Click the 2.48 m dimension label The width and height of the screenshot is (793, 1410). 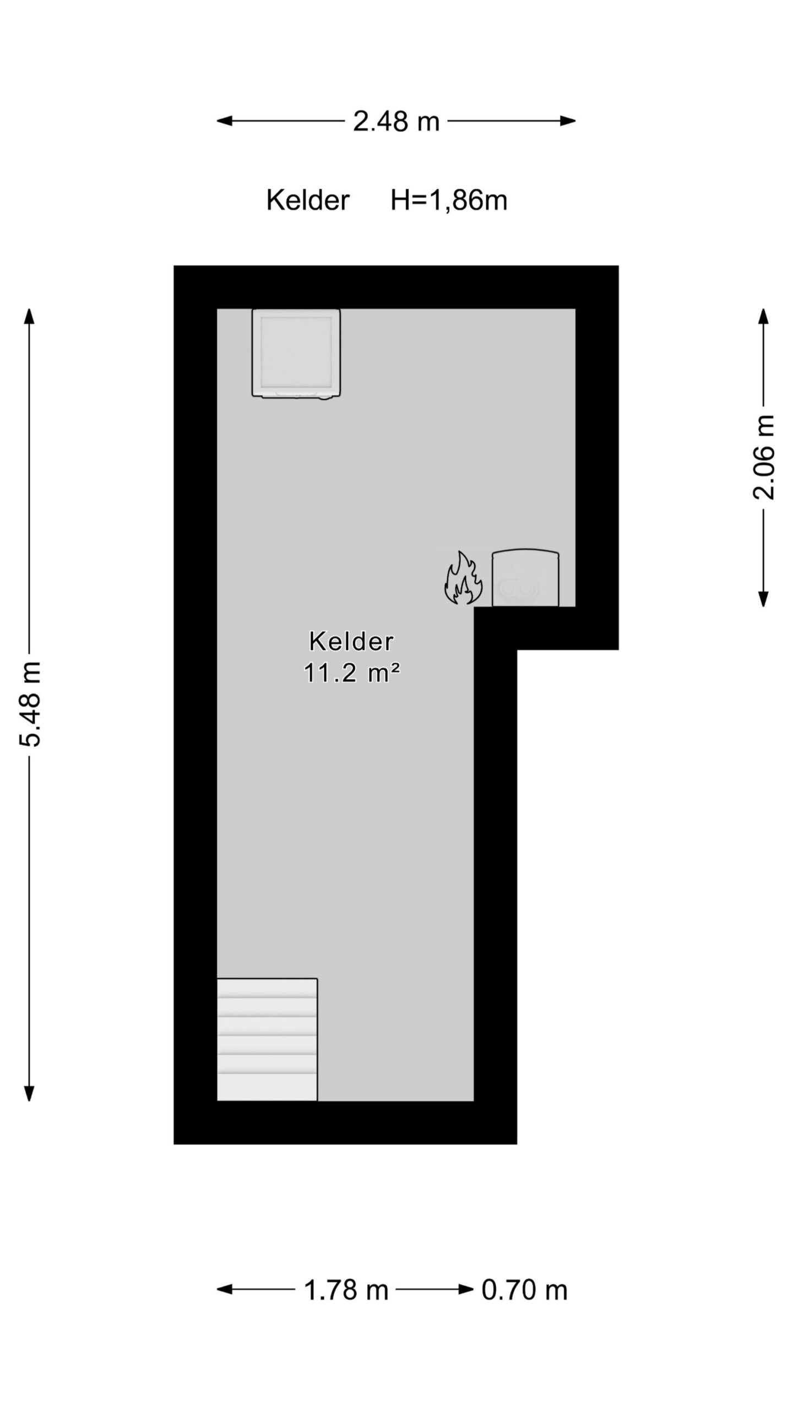point(396,121)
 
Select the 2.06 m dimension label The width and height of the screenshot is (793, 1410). point(764,457)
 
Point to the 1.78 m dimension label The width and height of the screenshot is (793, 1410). point(346,1290)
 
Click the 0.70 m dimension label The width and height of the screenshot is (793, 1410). point(524,1290)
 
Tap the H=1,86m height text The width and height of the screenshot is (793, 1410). point(449,200)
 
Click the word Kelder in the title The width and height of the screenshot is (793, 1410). point(308,200)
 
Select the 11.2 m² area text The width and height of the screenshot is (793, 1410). point(351,673)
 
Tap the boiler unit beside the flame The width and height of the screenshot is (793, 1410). point(525,578)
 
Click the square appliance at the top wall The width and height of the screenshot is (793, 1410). point(296,353)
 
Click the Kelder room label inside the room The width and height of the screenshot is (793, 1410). point(351,642)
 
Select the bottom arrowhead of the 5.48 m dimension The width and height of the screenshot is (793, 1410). point(30,1093)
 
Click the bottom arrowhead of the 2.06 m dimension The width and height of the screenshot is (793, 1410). point(763,599)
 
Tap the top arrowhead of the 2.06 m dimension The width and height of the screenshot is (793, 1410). point(763,317)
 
